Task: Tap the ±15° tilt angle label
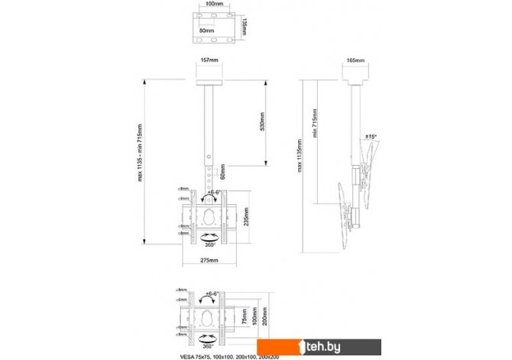(x=372, y=136)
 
